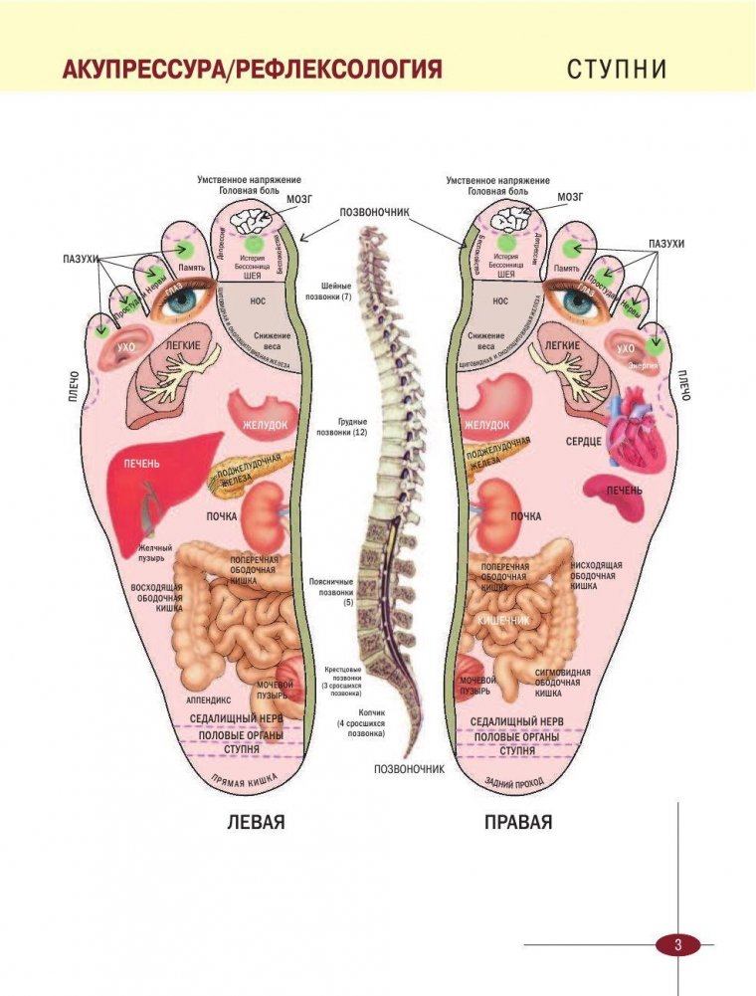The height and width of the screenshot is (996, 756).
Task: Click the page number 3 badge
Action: click(677, 944)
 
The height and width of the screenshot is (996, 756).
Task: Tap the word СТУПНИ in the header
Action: click(616, 71)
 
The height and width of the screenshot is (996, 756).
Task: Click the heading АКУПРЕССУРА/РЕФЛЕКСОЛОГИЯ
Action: click(252, 71)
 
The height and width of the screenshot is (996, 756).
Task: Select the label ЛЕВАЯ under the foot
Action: click(257, 823)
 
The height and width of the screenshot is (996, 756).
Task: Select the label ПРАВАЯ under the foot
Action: click(518, 823)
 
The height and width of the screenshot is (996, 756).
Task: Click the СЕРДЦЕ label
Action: click(584, 440)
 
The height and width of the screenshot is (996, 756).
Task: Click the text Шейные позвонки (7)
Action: click(332, 291)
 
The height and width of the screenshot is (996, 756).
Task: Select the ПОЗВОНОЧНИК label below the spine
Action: click(409, 768)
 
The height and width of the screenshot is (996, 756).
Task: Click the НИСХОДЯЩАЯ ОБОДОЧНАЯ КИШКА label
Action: click(597, 575)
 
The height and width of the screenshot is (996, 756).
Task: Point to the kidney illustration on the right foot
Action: click(493, 506)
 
